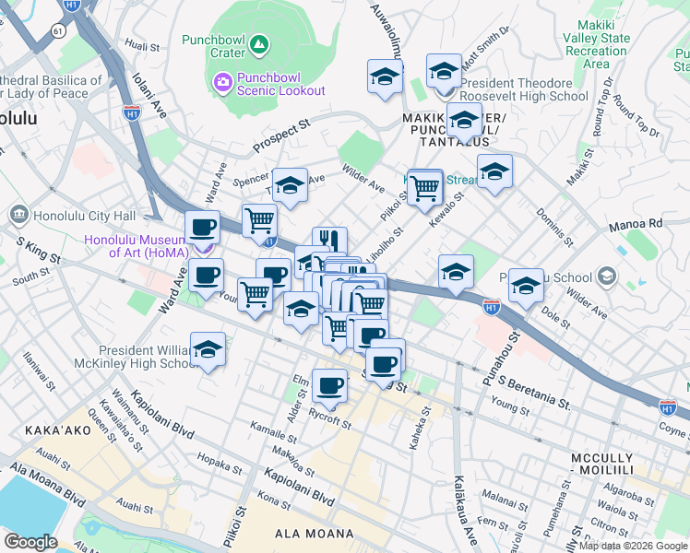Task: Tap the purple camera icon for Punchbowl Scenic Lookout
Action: pos(223,84)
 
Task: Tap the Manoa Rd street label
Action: pos(636,224)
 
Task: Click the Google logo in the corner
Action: pos(30,541)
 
